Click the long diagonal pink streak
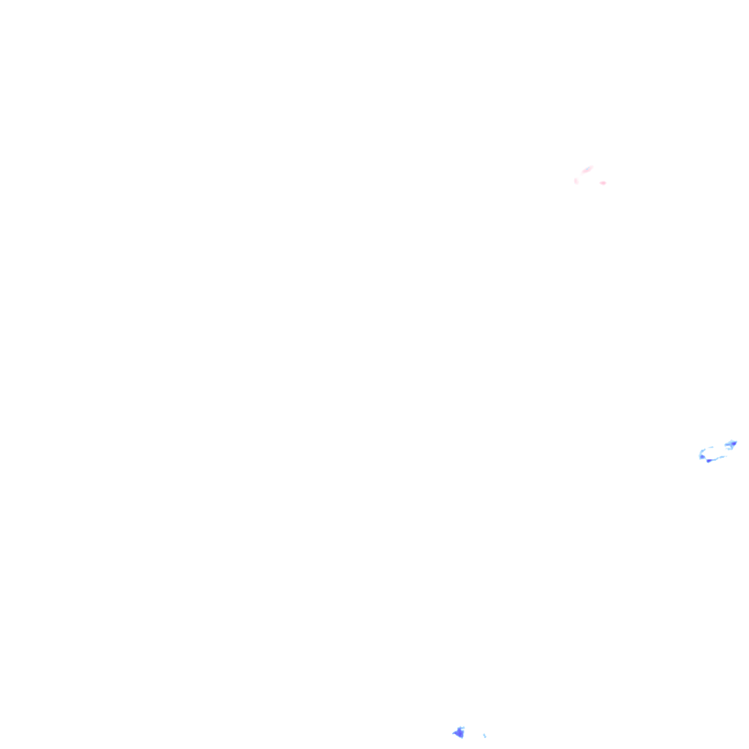point(587,170)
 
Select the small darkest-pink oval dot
point(603,183)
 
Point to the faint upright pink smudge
point(576,181)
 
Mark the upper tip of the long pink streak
point(592,167)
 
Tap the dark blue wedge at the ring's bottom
point(708,460)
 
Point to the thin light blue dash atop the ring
point(712,448)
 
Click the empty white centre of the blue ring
point(715,453)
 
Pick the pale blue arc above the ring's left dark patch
point(702,450)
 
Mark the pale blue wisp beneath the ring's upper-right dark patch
point(729,448)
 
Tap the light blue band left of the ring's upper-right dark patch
point(726,444)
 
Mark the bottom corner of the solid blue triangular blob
point(462,737)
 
